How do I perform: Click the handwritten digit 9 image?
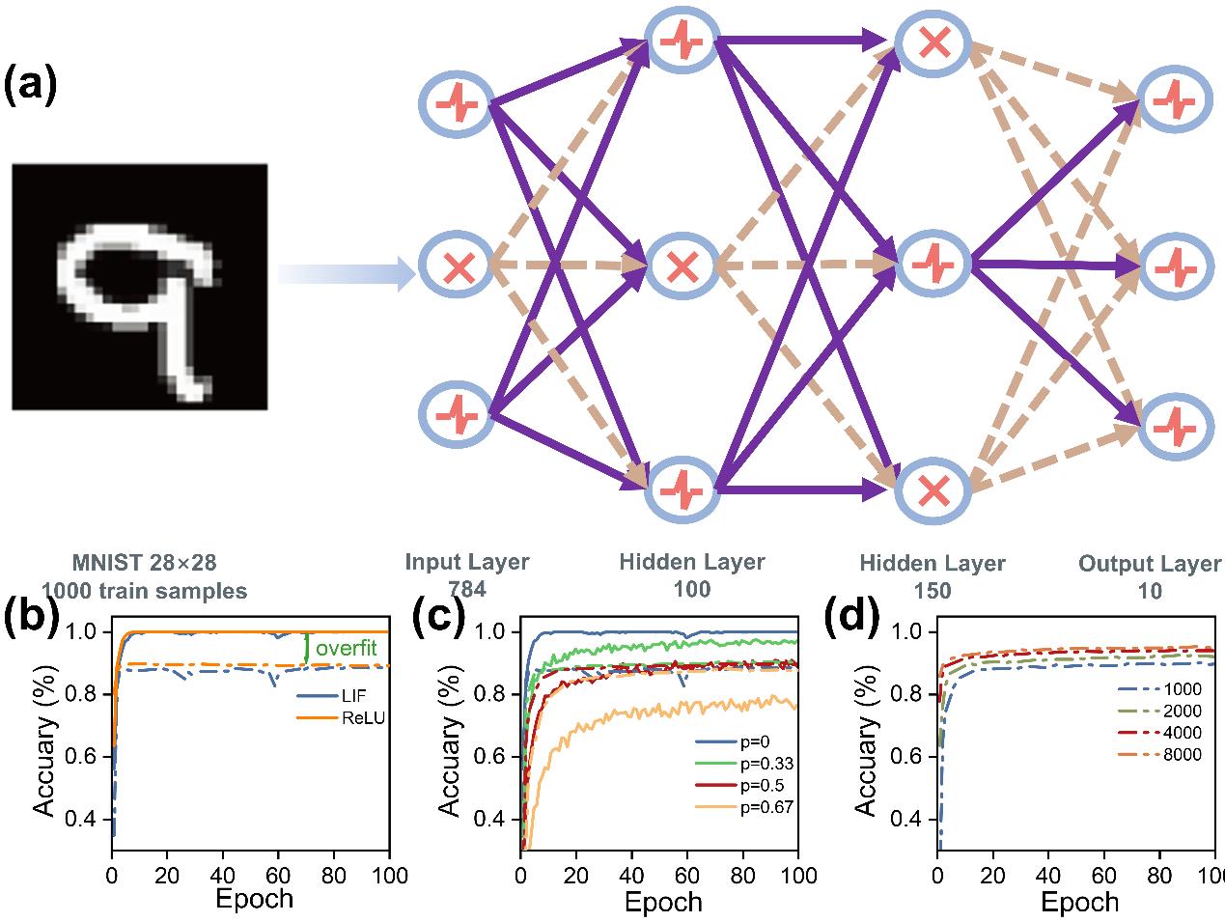pos(140,287)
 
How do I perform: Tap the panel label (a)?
pos(30,85)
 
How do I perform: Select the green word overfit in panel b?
pos(346,648)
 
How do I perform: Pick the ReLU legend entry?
pos(341,717)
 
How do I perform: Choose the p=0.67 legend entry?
pos(744,807)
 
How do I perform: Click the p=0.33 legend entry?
pos(744,764)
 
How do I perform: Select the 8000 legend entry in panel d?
pos(1159,755)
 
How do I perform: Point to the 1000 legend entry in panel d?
pos(1159,689)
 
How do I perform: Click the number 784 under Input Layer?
pos(467,589)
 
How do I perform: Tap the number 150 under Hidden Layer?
pos(932,591)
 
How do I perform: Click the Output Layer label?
pos(1150,564)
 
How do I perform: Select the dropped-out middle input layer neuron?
pos(458,267)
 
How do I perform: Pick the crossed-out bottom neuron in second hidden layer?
pos(933,490)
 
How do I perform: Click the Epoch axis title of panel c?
pos(663,902)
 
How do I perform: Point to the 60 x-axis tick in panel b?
pos(278,876)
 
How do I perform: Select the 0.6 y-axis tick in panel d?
pos(906,757)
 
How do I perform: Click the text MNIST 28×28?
pos(144,563)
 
